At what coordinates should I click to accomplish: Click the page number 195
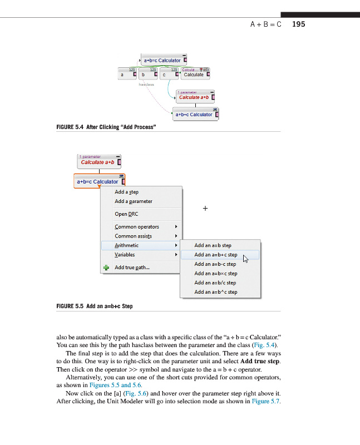pos(298,24)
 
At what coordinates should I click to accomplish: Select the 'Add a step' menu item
pos(126,192)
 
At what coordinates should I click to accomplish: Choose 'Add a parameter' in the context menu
pos(133,201)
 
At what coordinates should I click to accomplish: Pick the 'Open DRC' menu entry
pos(126,214)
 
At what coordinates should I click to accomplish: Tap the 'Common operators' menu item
pos(137,226)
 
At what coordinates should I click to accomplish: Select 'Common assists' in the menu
pos(133,236)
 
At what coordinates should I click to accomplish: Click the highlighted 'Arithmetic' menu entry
pos(127,245)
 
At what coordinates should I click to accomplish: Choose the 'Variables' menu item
pos(125,255)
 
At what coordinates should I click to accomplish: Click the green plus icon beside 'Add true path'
pos(106,268)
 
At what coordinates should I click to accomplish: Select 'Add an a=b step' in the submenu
pos(213,245)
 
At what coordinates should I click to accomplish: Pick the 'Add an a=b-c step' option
pos(215,264)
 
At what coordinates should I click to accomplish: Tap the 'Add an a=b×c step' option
pos(215,273)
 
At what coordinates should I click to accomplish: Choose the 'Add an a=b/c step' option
pos(215,283)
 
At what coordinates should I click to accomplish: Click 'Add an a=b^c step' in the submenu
pos(215,292)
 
